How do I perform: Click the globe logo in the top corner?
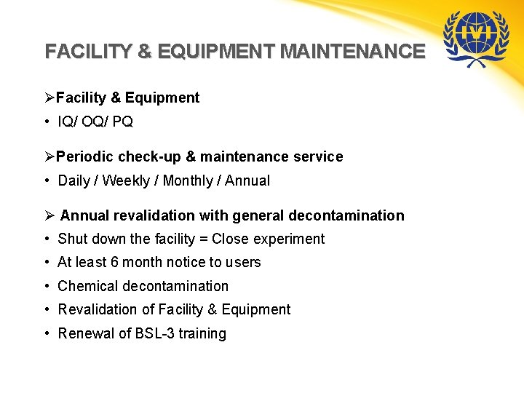coord(477,38)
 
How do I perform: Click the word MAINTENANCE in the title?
coord(352,52)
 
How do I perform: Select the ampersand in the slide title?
coord(145,52)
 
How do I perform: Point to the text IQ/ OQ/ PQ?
coord(95,122)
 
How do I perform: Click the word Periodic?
coord(84,156)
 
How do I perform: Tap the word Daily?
coord(74,180)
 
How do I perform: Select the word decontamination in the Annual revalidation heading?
coord(346,215)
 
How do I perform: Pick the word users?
coord(244,262)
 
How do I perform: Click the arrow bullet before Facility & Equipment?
coord(49,98)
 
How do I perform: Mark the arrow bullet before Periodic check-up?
coord(49,156)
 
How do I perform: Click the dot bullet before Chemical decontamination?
coord(47,286)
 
